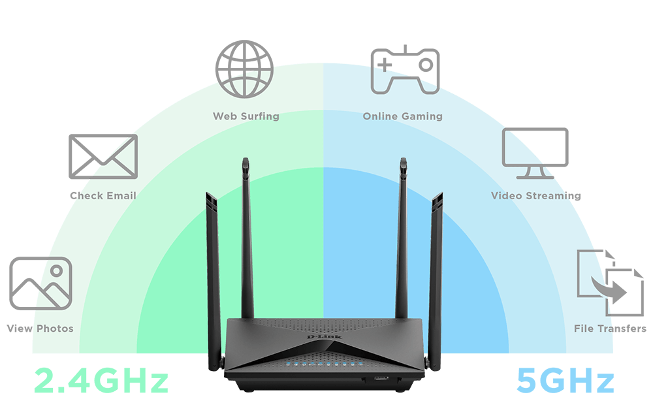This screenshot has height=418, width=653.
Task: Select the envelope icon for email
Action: (103, 156)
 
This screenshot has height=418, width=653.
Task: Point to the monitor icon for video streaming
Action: (535, 152)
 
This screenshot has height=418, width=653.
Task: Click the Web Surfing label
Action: (246, 116)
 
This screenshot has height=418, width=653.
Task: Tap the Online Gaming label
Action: (402, 116)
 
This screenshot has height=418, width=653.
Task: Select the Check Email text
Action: (103, 195)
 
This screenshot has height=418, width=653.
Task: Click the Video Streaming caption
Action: (535, 195)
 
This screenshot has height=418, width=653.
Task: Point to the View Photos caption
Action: (40, 329)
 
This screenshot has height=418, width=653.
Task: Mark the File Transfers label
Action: (610, 329)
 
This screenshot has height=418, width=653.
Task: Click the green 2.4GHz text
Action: (101, 381)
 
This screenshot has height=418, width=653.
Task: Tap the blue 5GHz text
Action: (565, 381)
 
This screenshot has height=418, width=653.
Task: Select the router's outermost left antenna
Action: (212, 274)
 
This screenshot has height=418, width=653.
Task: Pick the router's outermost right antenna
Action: (436, 274)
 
